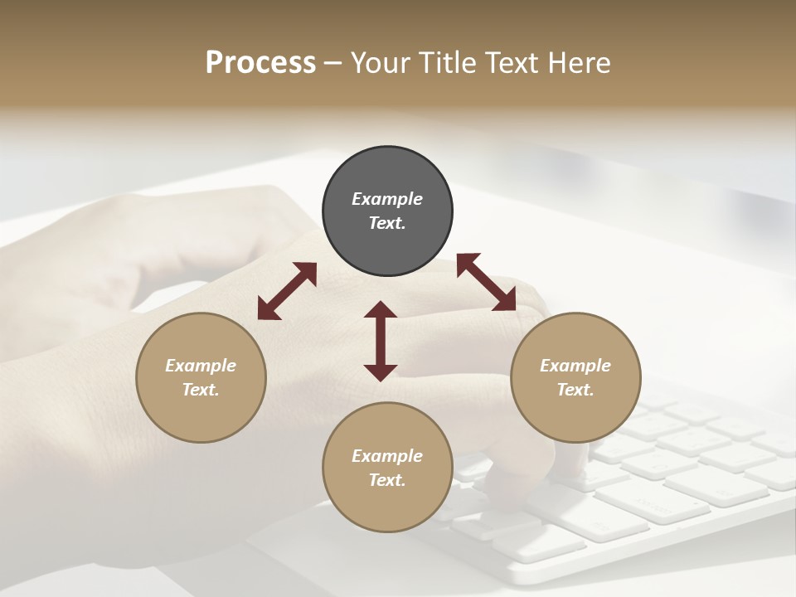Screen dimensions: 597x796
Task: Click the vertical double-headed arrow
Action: tap(381, 341)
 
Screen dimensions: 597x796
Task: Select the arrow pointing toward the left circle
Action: tap(287, 291)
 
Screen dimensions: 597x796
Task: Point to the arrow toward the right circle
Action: tap(486, 282)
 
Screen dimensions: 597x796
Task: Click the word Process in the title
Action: tap(260, 62)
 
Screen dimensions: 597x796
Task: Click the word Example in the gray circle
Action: tap(387, 199)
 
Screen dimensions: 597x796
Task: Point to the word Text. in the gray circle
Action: tap(387, 223)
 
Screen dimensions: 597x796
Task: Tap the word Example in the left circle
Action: tap(201, 366)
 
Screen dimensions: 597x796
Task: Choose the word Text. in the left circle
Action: tap(201, 390)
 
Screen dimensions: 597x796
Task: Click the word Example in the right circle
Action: tap(575, 366)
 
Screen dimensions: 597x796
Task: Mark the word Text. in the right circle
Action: tap(575, 390)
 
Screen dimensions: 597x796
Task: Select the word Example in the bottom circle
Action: tap(387, 456)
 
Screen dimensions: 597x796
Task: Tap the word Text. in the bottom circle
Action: tap(387, 480)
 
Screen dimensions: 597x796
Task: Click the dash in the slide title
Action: tap(333, 64)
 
